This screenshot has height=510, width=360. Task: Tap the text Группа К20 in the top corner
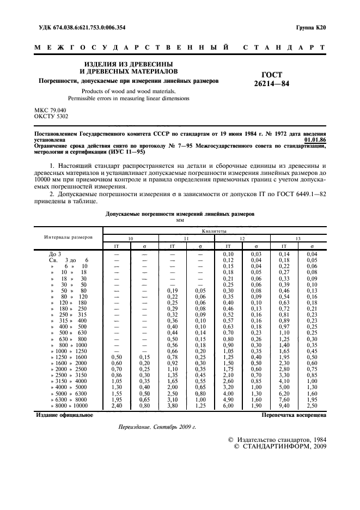(311, 27)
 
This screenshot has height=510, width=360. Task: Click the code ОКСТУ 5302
(52, 116)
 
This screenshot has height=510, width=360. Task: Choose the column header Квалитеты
(214, 230)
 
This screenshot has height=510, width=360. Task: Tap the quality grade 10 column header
(130, 239)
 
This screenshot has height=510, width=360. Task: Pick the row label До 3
(56, 254)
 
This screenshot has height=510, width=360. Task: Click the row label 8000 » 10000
(69, 405)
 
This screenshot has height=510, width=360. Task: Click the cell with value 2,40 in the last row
(116, 405)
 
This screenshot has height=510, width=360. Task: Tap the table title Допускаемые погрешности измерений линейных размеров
(180, 215)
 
